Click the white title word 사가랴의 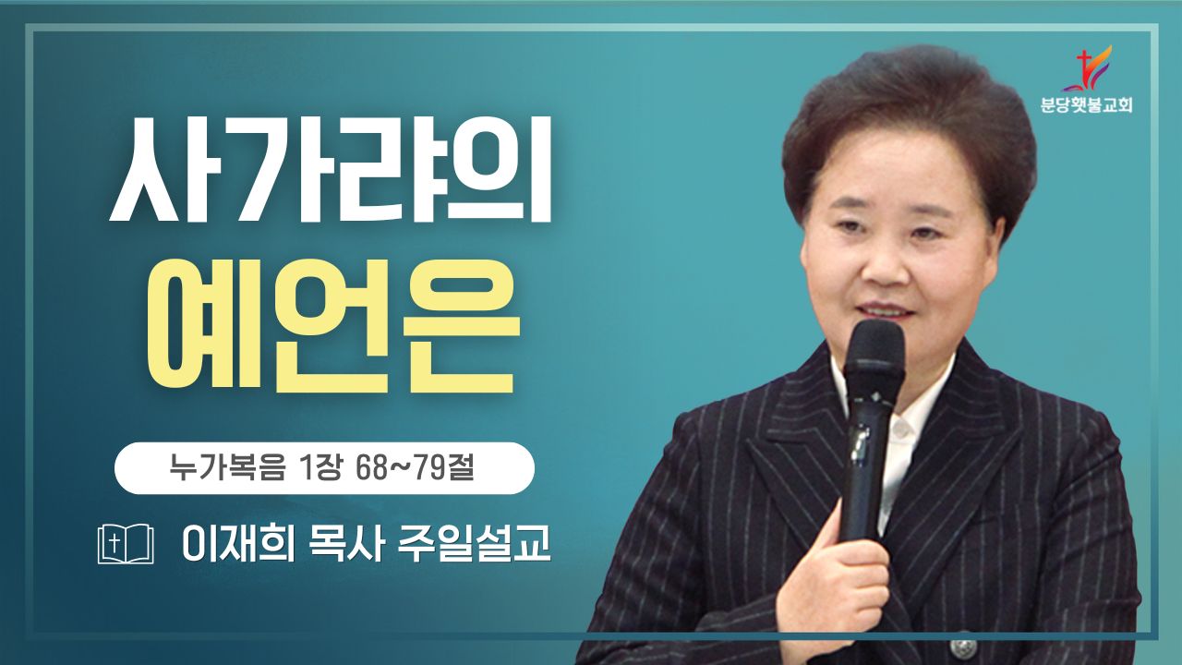[331, 169]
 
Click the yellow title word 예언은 [332, 326]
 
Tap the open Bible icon [126, 544]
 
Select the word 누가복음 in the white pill [227, 467]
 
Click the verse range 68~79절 [415, 467]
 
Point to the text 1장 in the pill [320, 467]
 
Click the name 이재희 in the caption [238, 544]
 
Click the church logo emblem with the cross [1087, 68]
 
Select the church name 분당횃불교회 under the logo [1087, 105]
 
